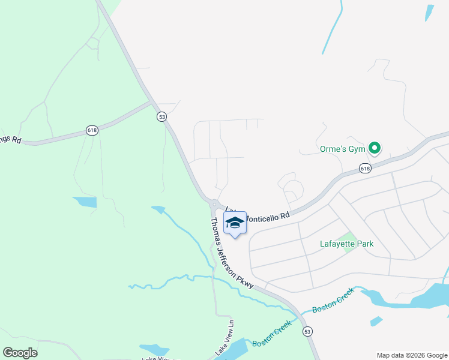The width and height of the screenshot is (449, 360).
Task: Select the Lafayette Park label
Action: click(346, 244)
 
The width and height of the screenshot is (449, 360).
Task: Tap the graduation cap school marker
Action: click(235, 223)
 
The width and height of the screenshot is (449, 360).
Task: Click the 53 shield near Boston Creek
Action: click(308, 331)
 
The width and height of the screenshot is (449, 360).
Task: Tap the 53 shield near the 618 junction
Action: click(161, 117)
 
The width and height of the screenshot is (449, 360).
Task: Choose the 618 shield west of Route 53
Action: click(92, 130)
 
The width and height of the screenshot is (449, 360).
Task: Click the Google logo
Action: click(20, 352)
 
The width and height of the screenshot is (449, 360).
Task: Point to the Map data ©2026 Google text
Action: click(412, 355)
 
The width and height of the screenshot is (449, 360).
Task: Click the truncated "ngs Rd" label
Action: click(11, 140)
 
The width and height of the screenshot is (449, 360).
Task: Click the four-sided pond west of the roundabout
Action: click(84, 202)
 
